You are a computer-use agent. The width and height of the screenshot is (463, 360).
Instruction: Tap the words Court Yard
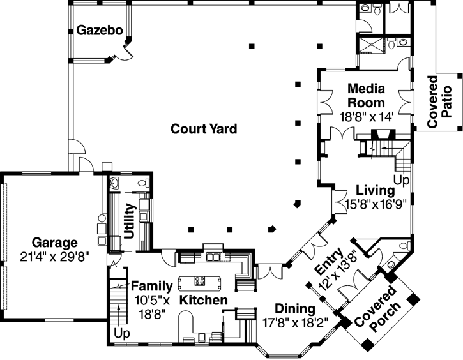tap(204, 129)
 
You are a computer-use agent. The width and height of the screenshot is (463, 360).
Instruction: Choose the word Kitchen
tap(203, 299)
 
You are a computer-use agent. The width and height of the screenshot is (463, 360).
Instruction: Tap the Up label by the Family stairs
tap(121, 333)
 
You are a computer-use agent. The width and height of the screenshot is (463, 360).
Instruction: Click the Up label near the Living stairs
tap(401, 181)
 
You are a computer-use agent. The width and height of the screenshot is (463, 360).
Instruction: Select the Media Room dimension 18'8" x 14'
tap(366, 116)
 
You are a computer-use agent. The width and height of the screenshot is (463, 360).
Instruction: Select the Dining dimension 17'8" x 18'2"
tap(295, 323)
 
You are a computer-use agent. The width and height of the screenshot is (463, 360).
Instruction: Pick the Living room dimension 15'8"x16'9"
tap(376, 205)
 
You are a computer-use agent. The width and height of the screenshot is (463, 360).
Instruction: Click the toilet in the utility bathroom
tap(144, 183)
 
